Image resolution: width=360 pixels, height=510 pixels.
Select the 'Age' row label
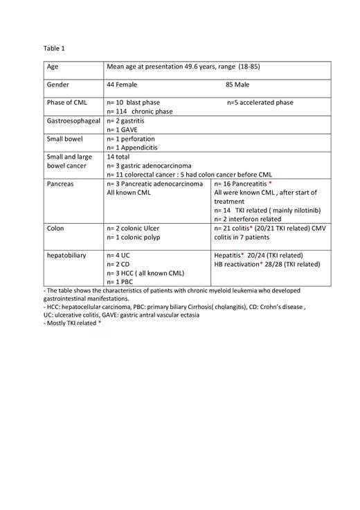tap(53, 67)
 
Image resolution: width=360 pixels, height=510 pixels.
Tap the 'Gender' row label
tap(58, 85)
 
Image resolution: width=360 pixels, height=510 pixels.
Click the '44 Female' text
tap(122, 85)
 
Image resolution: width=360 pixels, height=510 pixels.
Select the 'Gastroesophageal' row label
tap(73, 121)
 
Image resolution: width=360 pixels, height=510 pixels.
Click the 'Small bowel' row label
tap(64, 139)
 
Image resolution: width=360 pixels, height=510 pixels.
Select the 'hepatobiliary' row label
tap(66, 255)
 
